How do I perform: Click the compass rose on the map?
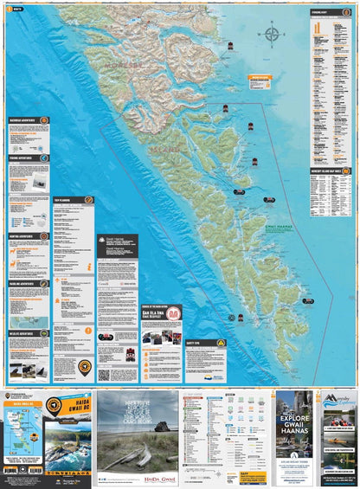point(273,35)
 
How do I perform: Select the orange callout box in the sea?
point(260,81)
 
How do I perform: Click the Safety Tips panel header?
point(205,343)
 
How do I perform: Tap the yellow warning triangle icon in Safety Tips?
point(220,343)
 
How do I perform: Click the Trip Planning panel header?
point(73,200)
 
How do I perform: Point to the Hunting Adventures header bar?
point(27,235)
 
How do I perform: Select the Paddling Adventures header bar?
point(27,283)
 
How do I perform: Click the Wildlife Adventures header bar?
point(27,332)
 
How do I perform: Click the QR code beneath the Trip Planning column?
point(104,375)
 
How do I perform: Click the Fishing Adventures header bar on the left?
point(27,158)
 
